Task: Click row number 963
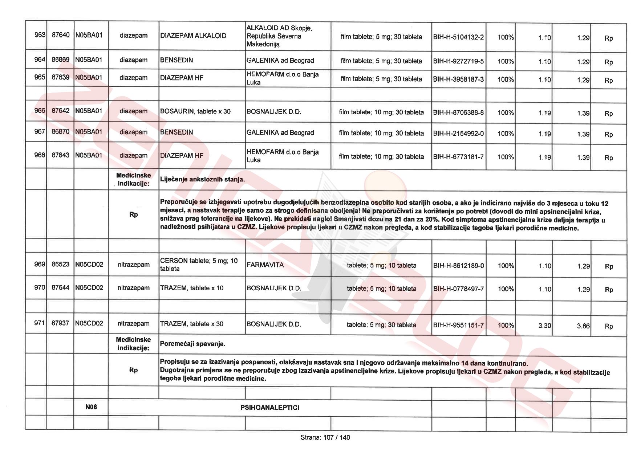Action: pyautogui.click(x=40, y=35)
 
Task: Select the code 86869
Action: pyautogui.click(x=60, y=60)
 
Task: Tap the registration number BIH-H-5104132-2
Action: pyautogui.click(x=458, y=37)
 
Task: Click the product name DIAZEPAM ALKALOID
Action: pyautogui.click(x=193, y=36)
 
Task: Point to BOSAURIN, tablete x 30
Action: pyautogui.click(x=195, y=111)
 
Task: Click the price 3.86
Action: pyautogui.click(x=583, y=326)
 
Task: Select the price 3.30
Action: pyautogui.click(x=544, y=326)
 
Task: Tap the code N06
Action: pyautogui.click(x=91, y=407)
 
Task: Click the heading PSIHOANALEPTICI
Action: pyautogui.click(x=270, y=408)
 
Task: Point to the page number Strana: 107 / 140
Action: pyautogui.click(x=325, y=437)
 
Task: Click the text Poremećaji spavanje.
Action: pyautogui.click(x=192, y=344)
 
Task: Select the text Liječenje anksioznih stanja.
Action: pyautogui.click(x=202, y=179)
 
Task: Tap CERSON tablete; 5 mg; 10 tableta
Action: pyautogui.click(x=199, y=265)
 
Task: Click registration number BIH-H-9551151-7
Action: pyautogui.click(x=458, y=325)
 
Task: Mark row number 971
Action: pyautogui.click(x=40, y=323)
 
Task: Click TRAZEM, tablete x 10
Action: pyautogui.click(x=192, y=288)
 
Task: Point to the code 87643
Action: pyautogui.click(x=60, y=155)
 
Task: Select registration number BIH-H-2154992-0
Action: pyautogui.click(x=458, y=134)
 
